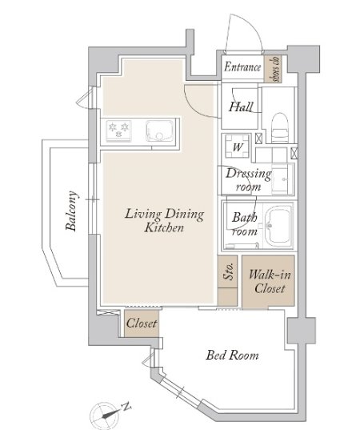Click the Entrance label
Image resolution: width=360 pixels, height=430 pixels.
pyautogui.click(x=242, y=67)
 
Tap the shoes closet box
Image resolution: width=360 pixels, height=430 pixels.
pyautogui.click(x=273, y=69)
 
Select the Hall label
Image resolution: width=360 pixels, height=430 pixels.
pyautogui.click(x=241, y=106)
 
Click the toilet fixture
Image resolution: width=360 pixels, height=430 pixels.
pyautogui.click(x=280, y=128)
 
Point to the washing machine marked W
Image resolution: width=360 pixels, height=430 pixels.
pyautogui.click(x=238, y=146)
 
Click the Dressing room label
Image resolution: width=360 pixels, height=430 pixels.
pyautogui.click(x=248, y=180)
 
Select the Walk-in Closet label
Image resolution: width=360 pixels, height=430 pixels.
pyautogui.click(x=270, y=281)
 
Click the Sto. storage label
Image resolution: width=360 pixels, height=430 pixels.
pyautogui.click(x=229, y=271)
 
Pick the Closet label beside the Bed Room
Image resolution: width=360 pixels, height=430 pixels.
pyautogui.click(x=142, y=323)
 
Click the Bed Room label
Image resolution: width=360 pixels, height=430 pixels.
pyautogui.click(x=232, y=356)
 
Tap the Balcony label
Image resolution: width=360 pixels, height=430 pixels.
pyautogui.click(x=72, y=211)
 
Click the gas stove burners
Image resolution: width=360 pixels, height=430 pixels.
pyautogui.click(x=118, y=131)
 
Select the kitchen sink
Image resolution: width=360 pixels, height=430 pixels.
pyautogui.click(x=159, y=131)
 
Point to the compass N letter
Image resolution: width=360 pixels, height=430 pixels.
pyautogui.click(x=126, y=407)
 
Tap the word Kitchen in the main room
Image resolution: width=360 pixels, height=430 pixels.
pyautogui.click(x=164, y=227)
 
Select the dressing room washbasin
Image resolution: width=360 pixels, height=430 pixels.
pyautogui.click(x=283, y=179)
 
